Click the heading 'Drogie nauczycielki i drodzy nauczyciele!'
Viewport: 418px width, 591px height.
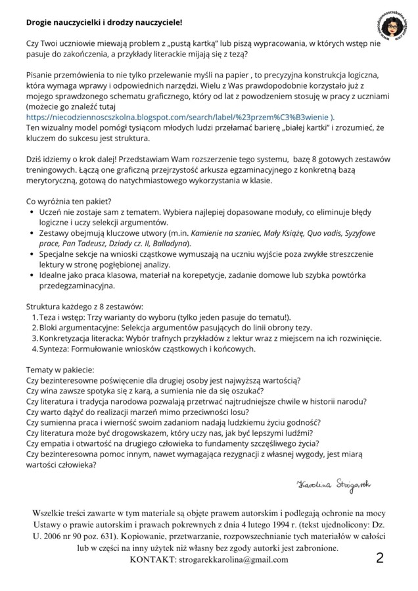pyautogui.click(x=104, y=22)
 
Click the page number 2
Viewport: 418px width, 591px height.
pyautogui.click(x=380, y=558)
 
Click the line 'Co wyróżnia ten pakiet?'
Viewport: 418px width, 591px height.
pyautogui.click(x=68, y=201)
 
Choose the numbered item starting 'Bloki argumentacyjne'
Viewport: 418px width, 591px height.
pyautogui.click(x=175, y=327)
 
